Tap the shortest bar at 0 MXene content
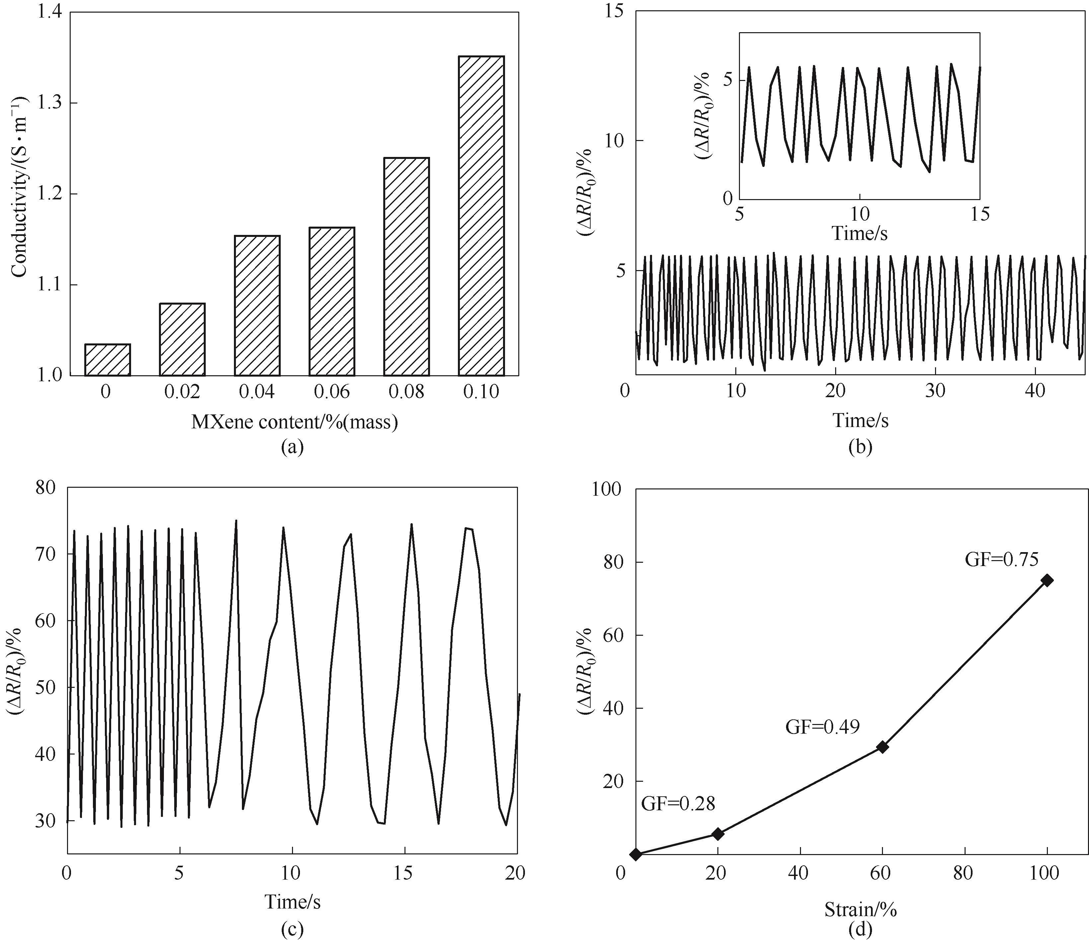click(107, 360)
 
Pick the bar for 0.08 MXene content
click(406, 266)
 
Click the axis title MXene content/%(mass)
click(294, 422)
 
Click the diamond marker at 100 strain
click(1047, 580)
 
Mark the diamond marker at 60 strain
click(882, 747)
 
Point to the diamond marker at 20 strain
click(717, 834)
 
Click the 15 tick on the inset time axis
click(980, 214)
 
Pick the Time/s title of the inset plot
click(859, 233)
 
